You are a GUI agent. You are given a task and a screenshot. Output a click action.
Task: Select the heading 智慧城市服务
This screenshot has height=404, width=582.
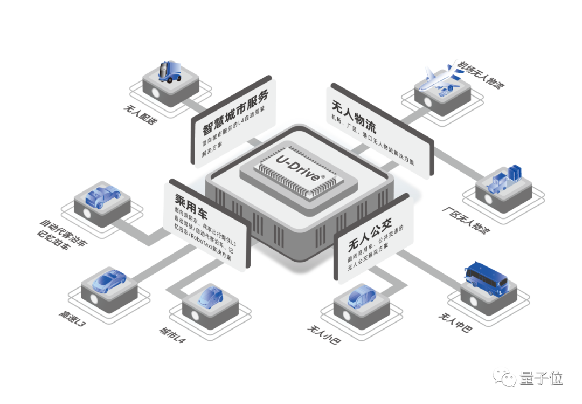[235, 113]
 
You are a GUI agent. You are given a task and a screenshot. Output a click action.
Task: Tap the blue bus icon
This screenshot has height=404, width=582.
[486, 276]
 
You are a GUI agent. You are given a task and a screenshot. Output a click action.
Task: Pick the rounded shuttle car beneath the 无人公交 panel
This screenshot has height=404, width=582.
[359, 297]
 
